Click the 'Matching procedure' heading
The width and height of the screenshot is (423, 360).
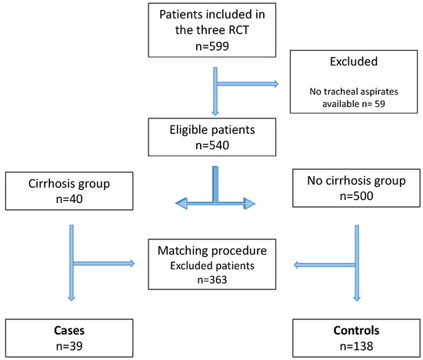(x=211, y=250)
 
